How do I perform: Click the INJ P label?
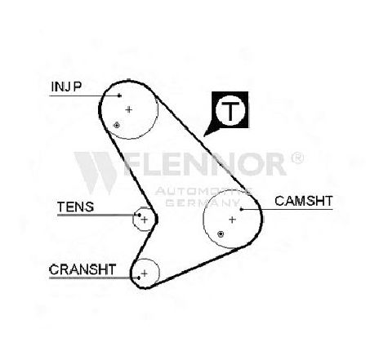click(x=66, y=87)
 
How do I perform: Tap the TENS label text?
click(x=75, y=207)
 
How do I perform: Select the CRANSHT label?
click(x=82, y=269)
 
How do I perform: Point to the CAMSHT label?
click(x=304, y=201)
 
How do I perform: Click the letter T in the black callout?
click(x=230, y=111)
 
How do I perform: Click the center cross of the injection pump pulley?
click(x=129, y=109)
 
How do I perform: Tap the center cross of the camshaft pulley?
click(x=232, y=220)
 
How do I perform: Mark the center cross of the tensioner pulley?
click(x=145, y=220)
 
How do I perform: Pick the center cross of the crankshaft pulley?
click(x=145, y=273)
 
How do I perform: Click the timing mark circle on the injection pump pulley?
click(x=117, y=125)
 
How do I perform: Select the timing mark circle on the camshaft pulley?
click(x=221, y=233)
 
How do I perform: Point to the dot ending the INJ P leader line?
click(x=119, y=96)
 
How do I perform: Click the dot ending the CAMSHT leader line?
click(x=241, y=209)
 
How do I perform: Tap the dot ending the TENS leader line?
click(x=140, y=215)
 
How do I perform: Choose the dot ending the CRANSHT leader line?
click(x=139, y=278)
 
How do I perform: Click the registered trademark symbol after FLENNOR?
click(x=297, y=158)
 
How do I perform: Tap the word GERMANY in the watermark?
click(x=203, y=202)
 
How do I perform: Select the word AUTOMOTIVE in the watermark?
click(x=203, y=191)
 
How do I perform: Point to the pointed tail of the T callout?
click(x=205, y=135)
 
